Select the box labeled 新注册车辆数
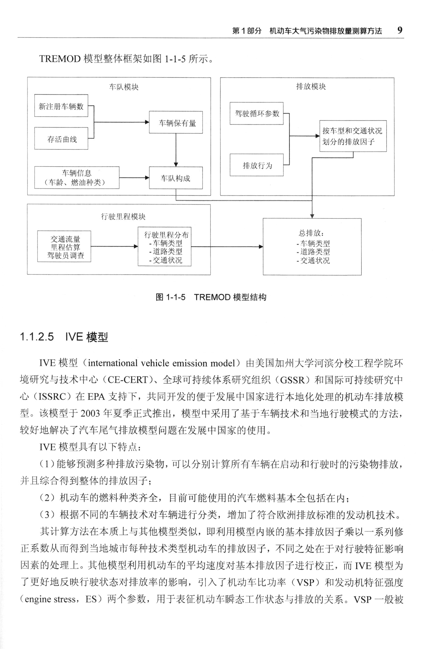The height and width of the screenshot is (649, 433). (x=61, y=106)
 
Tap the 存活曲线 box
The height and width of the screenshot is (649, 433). (x=61, y=139)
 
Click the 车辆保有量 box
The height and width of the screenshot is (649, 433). (x=176, y=122)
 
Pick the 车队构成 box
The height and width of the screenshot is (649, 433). (x=176, y=178)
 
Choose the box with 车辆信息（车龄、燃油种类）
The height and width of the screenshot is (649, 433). (x=77, y=177)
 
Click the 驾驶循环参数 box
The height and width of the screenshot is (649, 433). (x=257, y=113)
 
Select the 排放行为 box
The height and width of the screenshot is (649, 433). (x=257, y=165)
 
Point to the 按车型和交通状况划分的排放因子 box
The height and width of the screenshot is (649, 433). (x=353, y=136)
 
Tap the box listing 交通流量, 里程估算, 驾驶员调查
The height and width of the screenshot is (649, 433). (x=64, y=246)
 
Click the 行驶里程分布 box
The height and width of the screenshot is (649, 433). (x=165, y=246)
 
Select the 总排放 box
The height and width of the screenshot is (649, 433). (x=312, y=246)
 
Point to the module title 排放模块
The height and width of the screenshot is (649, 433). (x=311, y=86)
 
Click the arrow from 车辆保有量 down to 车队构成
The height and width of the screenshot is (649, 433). (x=176, y=150)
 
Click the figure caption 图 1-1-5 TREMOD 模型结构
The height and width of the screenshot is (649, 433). (x=211, y=297)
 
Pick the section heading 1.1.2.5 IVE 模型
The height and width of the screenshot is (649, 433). (x=64, y=337)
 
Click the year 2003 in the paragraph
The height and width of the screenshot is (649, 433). (x=90, y=414)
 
